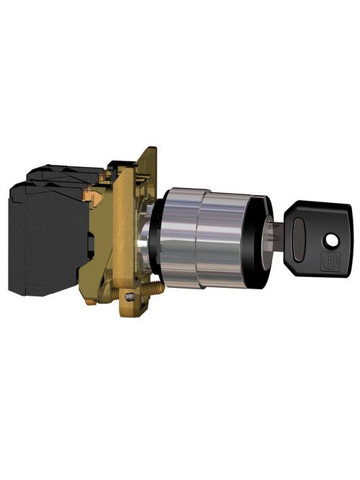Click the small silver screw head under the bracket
click(x=129, y=297)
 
